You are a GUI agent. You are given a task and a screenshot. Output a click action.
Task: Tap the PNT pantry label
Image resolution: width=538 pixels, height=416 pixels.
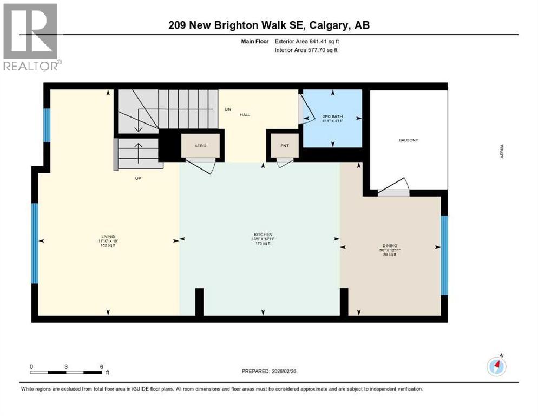[x=284, y=146]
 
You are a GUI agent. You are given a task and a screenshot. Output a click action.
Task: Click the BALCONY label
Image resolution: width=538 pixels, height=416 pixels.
[x=408, y=140]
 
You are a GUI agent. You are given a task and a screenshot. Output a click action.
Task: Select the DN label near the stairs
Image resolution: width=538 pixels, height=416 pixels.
[x=228, y=109]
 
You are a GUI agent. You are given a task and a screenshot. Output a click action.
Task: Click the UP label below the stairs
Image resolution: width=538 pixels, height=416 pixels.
[x=138, y=178]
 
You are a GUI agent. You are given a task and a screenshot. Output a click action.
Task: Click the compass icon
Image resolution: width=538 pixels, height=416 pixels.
[x=496, y=367]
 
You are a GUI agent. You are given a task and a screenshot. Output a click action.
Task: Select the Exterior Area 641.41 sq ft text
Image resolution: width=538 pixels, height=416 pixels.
[x=307, y=41]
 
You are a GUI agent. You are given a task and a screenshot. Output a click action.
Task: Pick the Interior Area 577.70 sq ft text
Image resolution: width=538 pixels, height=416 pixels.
[x=306, y=50]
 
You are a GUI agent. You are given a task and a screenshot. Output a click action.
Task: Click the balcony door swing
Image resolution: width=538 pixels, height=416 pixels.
[x=394, y=187]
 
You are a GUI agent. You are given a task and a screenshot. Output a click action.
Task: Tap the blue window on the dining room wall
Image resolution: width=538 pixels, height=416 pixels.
[x=444, y=255]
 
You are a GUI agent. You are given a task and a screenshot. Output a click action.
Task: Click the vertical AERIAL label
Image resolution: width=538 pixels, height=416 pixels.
[x=502, y=151]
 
